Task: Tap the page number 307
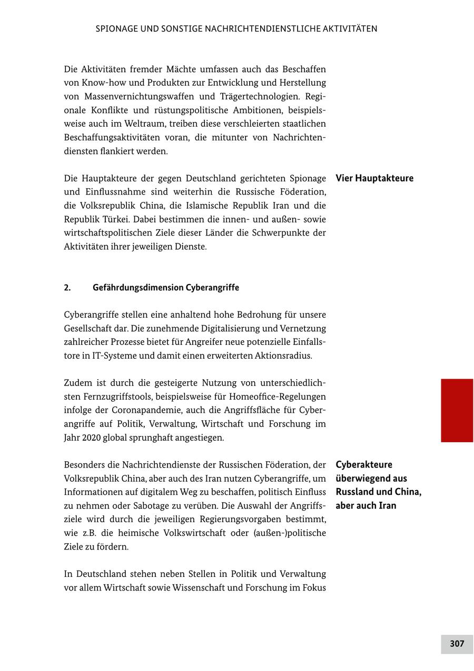(x=457, y=644)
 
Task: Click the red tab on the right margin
(x=457, y=410)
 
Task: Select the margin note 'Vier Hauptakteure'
(x=374, y=178)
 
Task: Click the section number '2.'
(x=67, y=288)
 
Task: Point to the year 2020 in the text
(x=91, y=438)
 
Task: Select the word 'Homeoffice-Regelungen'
(x=278, y=396)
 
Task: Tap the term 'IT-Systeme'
(x=112, y=355)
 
